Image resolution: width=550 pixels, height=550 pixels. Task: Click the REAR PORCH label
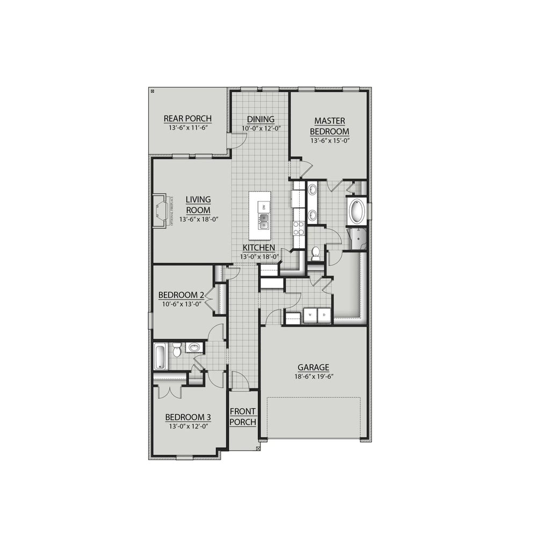187,119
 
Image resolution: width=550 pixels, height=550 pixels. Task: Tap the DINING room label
260,119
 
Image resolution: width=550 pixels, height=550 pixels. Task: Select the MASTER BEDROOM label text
330,126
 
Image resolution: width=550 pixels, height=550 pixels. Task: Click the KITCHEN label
259,248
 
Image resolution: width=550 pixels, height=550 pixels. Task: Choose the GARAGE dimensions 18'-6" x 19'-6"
314,377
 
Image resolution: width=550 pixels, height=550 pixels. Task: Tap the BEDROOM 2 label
181,295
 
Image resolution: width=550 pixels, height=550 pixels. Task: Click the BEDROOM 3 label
187,417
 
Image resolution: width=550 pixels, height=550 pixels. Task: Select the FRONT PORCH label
243,416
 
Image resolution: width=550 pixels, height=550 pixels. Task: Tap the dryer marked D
324,315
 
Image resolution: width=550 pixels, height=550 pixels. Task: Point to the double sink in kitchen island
264,220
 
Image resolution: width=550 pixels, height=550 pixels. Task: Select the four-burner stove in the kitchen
299,228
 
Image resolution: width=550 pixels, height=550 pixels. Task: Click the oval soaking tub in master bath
357,212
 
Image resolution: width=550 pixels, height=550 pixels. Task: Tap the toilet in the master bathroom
316,253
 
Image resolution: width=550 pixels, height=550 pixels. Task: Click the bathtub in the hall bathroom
160,356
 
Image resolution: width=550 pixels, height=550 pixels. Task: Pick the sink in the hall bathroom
194,348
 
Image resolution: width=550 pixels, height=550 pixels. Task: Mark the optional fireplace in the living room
160,211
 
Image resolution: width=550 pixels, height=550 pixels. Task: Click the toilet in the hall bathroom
176,352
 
